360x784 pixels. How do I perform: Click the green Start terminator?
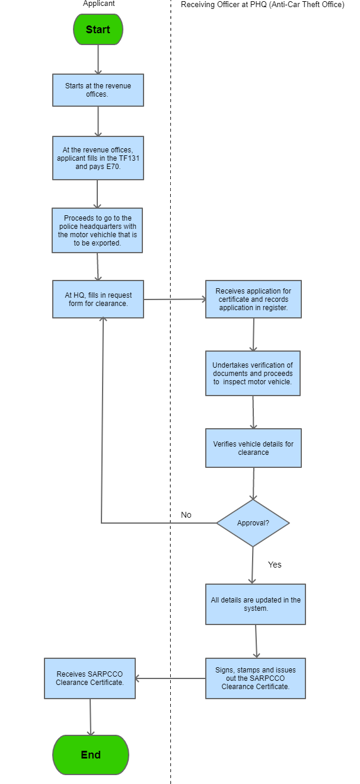tap(98, 29)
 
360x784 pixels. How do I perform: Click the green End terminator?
tap(91, 754)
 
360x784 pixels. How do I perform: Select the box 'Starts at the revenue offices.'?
tap(98, 90)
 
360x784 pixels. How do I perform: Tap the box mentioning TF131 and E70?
tap(98, 158)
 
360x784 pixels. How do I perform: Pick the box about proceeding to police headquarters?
tap(97, 230)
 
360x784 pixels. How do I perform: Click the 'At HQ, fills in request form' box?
tap(98, 299)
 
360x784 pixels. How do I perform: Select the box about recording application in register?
tap(253, 299)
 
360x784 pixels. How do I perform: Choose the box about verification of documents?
tap(253, 374)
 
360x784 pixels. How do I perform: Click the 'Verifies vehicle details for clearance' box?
tap(253, 448)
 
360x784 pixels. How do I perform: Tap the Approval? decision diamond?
tap(253, 523)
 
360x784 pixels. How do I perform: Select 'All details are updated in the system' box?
tap(256, 604)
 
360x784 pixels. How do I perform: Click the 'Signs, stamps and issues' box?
tap(256, 678)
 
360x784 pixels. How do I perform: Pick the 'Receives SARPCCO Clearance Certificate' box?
tap(90, 678)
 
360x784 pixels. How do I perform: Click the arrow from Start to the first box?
tap(98, 59)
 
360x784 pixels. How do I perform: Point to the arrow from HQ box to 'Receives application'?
tap(174, 299)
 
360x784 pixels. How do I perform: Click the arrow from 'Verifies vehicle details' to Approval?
tap(253, 483)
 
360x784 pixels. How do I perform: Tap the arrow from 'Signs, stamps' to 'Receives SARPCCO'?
tap(171, 678)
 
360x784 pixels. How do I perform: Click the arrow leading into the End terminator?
tap(90, 717)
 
